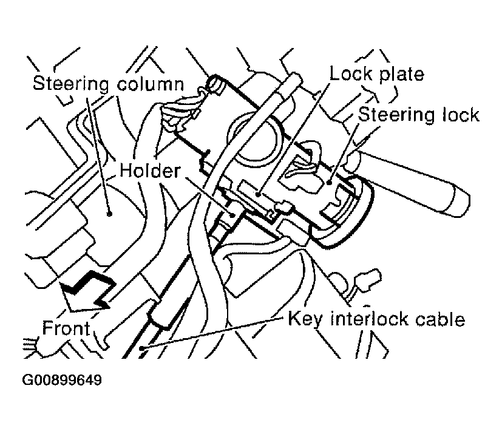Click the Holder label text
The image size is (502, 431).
pyautogui.click(x=149, y=171)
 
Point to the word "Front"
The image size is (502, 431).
pyautogui.click(x=66, y=328)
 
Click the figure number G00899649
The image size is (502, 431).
pyautogui.click(x=63, y=381)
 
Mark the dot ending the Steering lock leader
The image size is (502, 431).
pyautogui.click(x=328, y=181)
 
